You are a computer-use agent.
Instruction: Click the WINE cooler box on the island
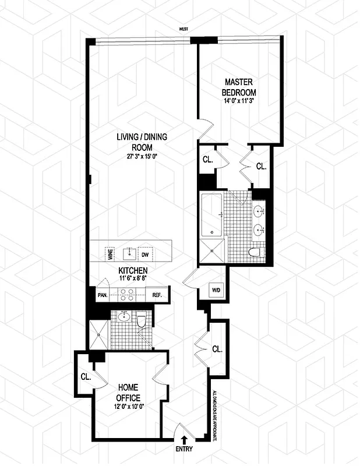click(110, 254)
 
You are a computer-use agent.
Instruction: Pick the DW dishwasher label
click(145, 254)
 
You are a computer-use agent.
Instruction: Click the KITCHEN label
click(133, 271)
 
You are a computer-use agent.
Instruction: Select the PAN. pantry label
click(103, 295)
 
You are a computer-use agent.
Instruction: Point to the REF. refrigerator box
click(157, 295)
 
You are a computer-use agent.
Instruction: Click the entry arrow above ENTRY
click(184, 439)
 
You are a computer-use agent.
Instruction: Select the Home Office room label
click(129, 392)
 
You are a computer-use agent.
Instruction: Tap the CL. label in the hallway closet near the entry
click(217, 349)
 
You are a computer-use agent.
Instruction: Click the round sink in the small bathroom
click(123, 317)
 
